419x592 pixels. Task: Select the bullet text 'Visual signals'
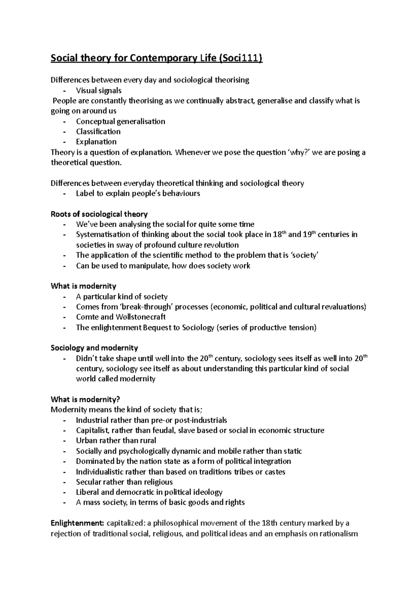point(98,91)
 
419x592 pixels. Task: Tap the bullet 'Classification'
point(98,131)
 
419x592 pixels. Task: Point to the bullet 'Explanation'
point(96,142)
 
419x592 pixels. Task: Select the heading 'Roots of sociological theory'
point(99,214)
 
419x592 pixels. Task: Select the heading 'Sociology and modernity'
point(94,348)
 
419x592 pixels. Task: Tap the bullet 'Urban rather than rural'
point(116,441)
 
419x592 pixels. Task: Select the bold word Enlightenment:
point(78,523)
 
